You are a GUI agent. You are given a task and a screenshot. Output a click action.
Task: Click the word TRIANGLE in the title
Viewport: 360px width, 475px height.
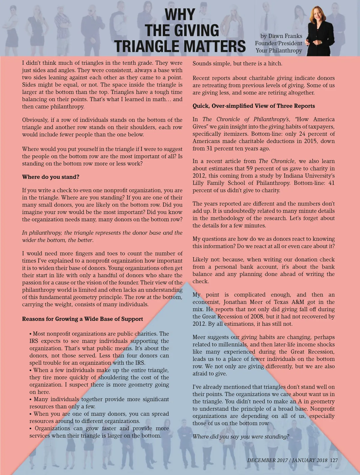click(x=147, y=46)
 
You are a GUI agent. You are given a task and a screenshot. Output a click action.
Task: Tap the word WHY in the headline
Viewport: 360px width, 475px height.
click(x=180, y=14)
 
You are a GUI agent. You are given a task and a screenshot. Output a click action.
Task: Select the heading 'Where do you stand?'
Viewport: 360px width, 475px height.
click(x=51, y=177)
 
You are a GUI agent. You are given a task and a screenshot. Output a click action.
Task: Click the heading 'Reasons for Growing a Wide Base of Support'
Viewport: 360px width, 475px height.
click(x=82, y=319)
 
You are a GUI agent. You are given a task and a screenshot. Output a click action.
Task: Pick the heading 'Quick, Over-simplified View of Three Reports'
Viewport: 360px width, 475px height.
click(x=253, y=106)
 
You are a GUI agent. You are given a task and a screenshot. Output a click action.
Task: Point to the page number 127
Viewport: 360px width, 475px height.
click(x=334, y=460)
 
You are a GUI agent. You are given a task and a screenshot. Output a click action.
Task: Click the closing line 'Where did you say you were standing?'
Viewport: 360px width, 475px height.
click(x=241, y=436)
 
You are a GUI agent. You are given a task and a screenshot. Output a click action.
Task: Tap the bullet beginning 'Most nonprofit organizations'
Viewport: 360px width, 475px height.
click(x=99, y=334)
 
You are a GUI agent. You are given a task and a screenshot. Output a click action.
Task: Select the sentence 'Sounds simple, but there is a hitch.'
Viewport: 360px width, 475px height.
click(x=237, y=64)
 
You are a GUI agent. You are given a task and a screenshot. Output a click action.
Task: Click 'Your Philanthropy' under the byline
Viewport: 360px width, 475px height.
click(x=279, y=50)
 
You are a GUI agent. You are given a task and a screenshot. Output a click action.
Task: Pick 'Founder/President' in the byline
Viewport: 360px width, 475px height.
click(x=279, y=43)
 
